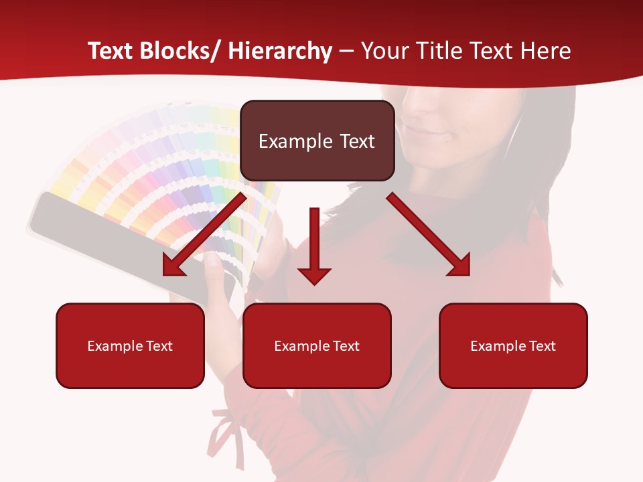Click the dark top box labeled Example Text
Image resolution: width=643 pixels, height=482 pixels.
pyautogui.click(x=317, y=141)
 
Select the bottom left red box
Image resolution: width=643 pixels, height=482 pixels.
pyautogui.click(x=130, y=345)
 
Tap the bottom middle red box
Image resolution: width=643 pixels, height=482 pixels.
pyautogui.click(x=317, y=345)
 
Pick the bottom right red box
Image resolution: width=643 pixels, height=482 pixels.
pyautogui.click(x=513, y=345)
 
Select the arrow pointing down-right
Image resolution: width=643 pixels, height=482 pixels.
pyautogui.click(x=429, y=234)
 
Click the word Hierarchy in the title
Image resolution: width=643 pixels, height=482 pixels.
pyautogui.click(x=280, y=51)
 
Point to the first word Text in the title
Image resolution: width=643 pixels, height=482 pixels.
pyautogui.click(x=111, y=51)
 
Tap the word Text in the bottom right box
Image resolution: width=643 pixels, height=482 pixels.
pyautogui.click(x=541, y=345)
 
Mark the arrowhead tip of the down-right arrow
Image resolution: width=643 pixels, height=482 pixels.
pyautogui.click(x=468, y=274)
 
